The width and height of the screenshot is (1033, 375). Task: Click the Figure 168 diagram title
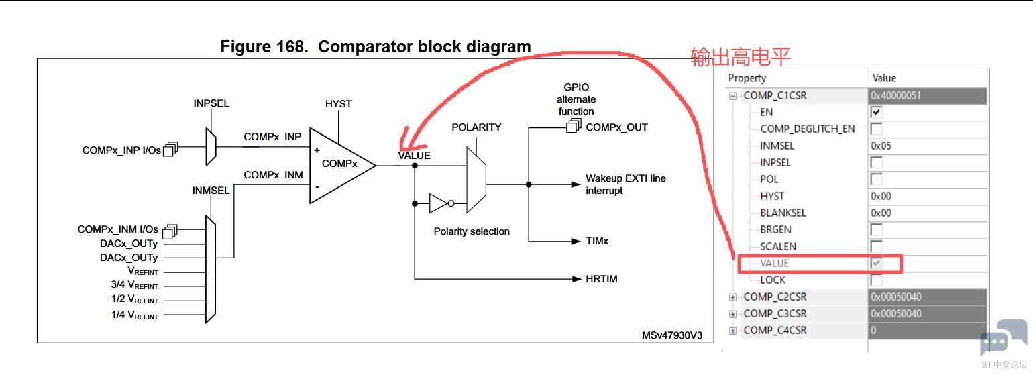376,47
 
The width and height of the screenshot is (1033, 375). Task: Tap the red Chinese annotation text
741,57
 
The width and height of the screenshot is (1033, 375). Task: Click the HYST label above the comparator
338,104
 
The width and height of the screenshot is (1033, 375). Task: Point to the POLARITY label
476,127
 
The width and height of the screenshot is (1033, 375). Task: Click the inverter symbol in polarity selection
439,203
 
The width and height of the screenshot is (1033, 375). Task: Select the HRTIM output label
601,278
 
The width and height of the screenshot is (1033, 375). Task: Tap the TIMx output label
597,240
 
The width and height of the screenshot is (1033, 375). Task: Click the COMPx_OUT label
616,127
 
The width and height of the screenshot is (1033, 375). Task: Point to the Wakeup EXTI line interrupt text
625,184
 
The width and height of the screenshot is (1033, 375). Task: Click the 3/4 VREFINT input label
135,285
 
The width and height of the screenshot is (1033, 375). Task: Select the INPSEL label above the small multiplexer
211,104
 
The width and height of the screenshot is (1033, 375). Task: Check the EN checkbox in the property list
876,112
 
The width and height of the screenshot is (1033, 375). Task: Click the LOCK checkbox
876,280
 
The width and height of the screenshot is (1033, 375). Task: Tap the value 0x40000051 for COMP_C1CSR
895,95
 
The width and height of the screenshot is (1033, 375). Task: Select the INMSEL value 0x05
881,146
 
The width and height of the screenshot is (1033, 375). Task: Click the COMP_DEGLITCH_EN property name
807,129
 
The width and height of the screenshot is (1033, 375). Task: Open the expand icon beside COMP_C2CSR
733,297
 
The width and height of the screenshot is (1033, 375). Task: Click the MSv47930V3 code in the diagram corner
671,335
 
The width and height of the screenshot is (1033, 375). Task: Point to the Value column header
884,78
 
